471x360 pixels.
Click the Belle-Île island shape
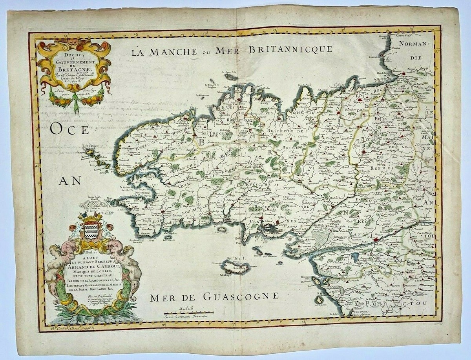[236, 268]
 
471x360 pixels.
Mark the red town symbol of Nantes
[376, 239]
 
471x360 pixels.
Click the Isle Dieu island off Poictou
[321, 298]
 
